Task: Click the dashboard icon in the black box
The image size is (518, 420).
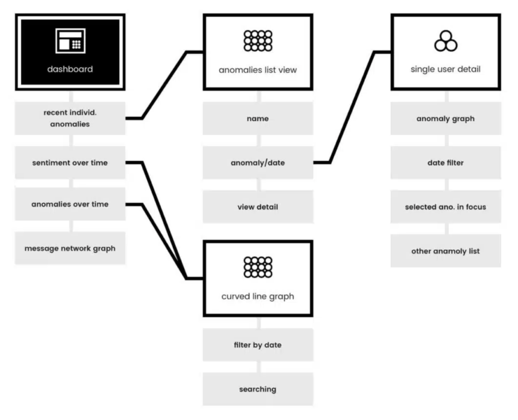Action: click(x=70, y=40)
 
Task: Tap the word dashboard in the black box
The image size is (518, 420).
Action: click(x=70, y=69)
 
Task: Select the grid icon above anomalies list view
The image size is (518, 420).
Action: click(x=257, y=40)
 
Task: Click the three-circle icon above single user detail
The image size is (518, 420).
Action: click(x=446, y=41)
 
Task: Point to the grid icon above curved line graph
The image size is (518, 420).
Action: click(x=257, y=267)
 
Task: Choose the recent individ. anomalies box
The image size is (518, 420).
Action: click(x=70, y=118)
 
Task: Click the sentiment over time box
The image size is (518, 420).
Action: click(x=70, y=162)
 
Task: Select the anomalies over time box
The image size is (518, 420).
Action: click(x=70, y=204)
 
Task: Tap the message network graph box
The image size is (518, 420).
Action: click(x=70, y=248)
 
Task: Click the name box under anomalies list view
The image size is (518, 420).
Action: click(x=257, y=118)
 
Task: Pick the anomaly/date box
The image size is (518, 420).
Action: click(x=257, y=162)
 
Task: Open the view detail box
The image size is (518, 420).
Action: click(x=257, y=207)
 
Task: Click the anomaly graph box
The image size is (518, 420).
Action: click(x=446, y=118)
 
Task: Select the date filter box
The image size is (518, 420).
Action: click(x=446, y=162)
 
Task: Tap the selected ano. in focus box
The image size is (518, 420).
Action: click(x=446, y=207)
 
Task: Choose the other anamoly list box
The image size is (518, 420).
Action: click(x=446, y=251)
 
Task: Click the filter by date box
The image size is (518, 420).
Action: click(x=257, y=345)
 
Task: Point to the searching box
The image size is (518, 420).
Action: click(x=257, y=389)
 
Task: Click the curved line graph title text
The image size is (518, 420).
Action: click(x=257, y=297)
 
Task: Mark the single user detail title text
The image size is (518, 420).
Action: click(x=446, y=69)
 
